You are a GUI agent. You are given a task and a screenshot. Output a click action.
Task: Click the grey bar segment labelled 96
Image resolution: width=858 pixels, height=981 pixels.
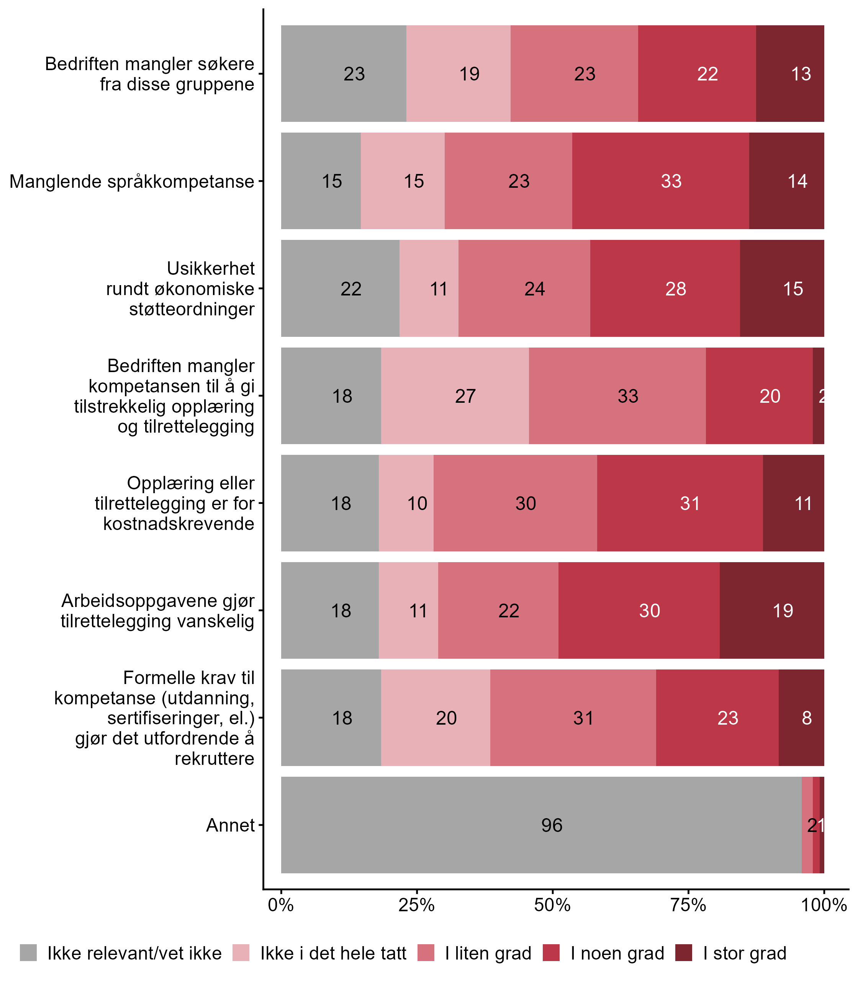[x=541, y=825]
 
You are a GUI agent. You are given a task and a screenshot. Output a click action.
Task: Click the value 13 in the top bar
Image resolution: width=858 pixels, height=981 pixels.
[x=801, y=74]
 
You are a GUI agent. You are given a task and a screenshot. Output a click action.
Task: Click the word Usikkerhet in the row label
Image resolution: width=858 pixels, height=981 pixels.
[x=211, y=269]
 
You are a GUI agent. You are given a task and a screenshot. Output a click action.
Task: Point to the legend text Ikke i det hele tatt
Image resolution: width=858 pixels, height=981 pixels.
[x=333, y=953]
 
